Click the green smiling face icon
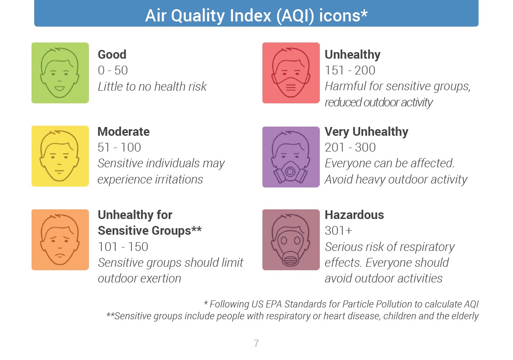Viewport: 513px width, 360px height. [x=60, y=73]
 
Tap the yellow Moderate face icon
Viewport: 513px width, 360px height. [x=60, y=156]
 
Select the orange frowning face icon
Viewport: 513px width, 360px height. [x=60, y=240]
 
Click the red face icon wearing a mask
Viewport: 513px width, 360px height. [x=291, y=73]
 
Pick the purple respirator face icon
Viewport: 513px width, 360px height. [x=291, y=157]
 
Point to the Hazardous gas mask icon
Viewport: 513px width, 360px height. [x=291, y=240]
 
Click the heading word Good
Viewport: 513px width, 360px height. [x=112, y=55]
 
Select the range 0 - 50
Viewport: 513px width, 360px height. [x=113, y=71]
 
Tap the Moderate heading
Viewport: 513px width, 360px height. [x=124, y=131]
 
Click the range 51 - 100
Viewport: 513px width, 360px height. [x=120, y=148]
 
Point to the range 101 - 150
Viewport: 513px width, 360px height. [x=123, y=247]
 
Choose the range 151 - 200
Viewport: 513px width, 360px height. [x=350, y=71]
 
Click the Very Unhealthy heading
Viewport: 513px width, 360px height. [x=366, y=132]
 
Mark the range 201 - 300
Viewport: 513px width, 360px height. [x=350, y=148]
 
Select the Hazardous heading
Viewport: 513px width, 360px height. [x=354, y=215]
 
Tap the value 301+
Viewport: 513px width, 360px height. [x=339, y=231]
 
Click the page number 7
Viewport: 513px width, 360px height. [x=256, y=343]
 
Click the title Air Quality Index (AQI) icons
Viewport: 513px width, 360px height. [x=256, y=15]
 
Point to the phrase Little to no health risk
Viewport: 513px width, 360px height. [x=152, y=87]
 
